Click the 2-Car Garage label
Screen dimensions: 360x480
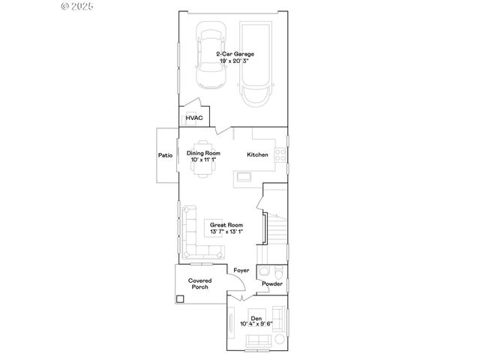(x=234, y=54)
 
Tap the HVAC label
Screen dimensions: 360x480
(x=194, y=118)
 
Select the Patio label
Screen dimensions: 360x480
(x=165, y=155)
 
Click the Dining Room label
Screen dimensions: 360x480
(x=202, y=153)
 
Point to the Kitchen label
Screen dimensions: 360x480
(x=258, y=155)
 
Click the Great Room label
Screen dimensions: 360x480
(x=226, y=225)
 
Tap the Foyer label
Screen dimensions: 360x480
(x=241, y=269)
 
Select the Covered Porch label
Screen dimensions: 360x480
(x=200, y=283)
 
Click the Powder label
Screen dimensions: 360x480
(x=272, y=284)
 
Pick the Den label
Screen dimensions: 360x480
(x=256, y=317)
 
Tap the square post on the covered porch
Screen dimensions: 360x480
(x=181, y=298)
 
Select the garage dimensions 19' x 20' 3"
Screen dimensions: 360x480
(x=234, y=61)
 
